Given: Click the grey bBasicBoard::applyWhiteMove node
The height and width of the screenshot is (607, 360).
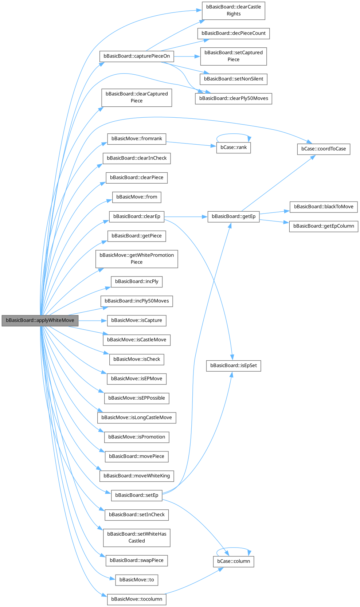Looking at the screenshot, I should pos(40,320).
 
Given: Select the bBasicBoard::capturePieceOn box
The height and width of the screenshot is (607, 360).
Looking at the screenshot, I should pos(137,56).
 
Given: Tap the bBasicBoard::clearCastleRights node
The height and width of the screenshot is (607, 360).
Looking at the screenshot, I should pos(234,10).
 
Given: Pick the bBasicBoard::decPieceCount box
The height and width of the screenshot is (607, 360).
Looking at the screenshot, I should pos(234,33).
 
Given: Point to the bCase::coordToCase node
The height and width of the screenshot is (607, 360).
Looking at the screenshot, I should pos(324,149).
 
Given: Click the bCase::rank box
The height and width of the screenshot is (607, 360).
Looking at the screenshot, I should pos(234,148).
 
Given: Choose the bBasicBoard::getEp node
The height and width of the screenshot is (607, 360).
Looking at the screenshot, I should pos(234,216).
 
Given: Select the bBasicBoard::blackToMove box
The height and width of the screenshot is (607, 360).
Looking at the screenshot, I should pos(324,207).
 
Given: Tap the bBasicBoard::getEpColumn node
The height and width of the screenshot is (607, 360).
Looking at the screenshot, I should pos(324,226).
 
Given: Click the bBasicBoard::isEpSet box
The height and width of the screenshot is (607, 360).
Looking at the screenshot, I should pos(234,365).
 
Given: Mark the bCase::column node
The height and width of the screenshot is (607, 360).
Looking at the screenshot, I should pos(234,561).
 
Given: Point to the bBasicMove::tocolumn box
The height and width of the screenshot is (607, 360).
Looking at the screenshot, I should pos(137,599).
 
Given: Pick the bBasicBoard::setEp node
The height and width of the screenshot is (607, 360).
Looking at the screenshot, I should pos(137,495).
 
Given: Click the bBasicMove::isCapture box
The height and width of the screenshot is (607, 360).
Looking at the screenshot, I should pos(137,320).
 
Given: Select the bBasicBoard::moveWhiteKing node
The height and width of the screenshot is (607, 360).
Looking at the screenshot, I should pos(137,476).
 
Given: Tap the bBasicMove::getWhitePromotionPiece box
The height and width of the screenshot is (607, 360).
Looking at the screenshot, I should pos(137,259).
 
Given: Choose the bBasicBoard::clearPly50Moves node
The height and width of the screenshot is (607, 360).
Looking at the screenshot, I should pos(234,98).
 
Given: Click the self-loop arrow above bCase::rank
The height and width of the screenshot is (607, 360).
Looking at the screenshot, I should pos(234,134).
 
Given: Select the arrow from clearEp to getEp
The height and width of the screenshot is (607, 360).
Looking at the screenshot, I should pos(186,217).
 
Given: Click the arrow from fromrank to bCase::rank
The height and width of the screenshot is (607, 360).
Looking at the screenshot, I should pos(189,144).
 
